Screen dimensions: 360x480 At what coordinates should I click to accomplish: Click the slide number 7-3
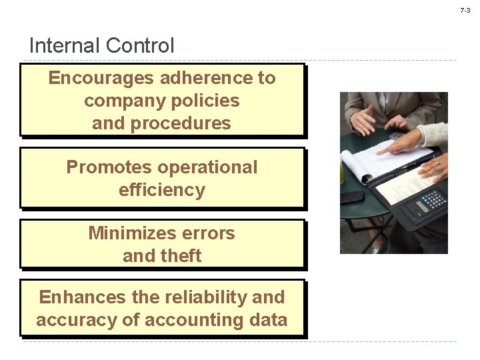click(x=465, y=11)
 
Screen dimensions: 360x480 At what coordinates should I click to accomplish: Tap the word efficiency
click(x=162, y=190)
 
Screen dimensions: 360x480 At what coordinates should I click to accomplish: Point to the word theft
click(x=179, y=256)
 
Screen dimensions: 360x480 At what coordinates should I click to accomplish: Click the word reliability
click(x=206, y=297)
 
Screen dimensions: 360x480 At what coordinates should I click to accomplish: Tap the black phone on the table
click(x=351, y=197)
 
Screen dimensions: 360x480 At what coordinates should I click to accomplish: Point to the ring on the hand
click(x=437, y=162)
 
